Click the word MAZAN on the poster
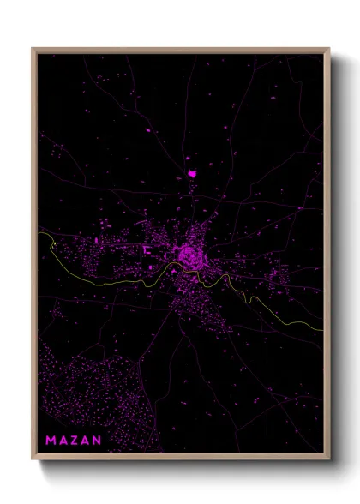click(73, 441)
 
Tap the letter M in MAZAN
click(51, 441)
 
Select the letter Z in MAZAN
click(74, 441)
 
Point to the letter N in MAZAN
click(97, 441)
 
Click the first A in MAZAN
click(62, 441)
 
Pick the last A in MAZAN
click(85, 441)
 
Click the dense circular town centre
click(188, 254)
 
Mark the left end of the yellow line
click(39, 232)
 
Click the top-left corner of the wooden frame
click(33, 49)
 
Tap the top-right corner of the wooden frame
click(329, 49)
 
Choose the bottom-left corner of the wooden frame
click(33, 459)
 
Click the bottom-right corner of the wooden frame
click(329, 459)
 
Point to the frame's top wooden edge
click(180, 50)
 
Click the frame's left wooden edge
click(33, 257)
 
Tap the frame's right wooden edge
click(327, 257)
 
